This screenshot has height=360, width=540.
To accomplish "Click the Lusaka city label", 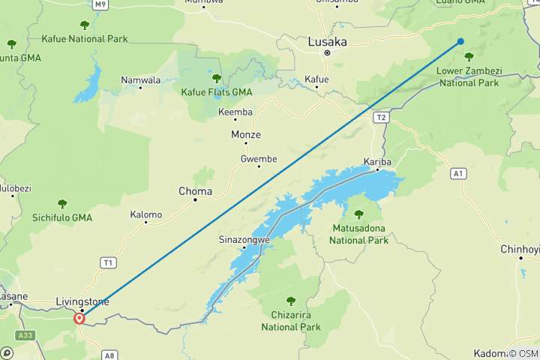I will (327, 43).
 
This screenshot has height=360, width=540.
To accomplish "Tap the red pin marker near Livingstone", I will (79, 318).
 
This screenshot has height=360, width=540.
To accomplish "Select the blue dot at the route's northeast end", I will (460, 41).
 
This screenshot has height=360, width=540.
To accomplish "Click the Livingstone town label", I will (82, 301).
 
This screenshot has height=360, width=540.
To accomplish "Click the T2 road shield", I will (382, 118).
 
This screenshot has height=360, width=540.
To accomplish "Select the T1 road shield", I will (109, 262).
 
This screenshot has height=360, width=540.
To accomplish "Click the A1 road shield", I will (459, 173).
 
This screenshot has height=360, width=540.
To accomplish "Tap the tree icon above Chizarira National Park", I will (291, 301).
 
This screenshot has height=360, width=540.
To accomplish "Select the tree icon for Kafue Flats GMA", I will (217, 78).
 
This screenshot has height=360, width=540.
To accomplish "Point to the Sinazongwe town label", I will (244, 240).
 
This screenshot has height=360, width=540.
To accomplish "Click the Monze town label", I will (245, 135).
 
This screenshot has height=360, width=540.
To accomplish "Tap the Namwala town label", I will (140, 79).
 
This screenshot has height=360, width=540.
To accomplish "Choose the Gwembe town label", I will (259, 158).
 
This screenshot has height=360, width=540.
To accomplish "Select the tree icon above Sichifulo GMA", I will (62, 203).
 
